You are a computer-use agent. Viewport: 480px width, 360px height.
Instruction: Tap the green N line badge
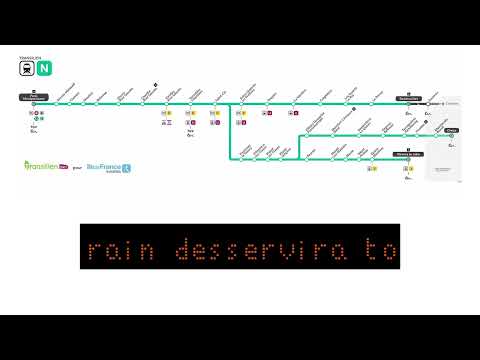[43, 69]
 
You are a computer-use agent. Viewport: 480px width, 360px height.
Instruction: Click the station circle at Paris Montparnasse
[34, 104]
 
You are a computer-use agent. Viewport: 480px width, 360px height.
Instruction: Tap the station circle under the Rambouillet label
[408, 104]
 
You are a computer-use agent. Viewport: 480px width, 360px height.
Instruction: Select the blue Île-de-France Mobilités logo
[103, 167]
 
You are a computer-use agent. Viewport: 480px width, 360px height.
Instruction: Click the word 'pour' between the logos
[77, 167]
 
